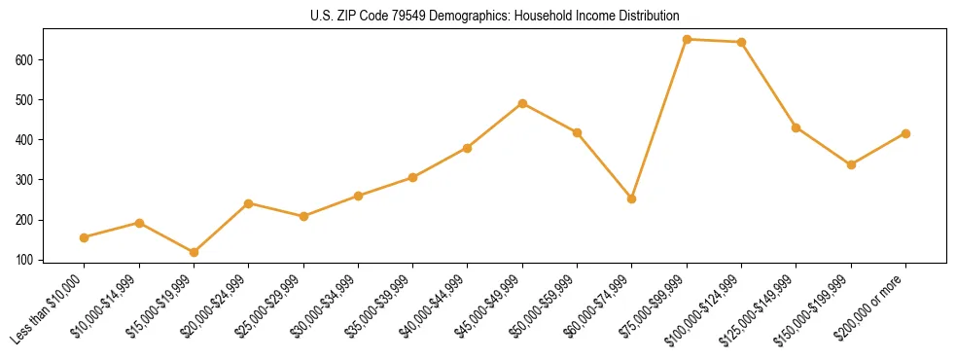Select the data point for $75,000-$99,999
point(687,40)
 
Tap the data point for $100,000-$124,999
point(741,43)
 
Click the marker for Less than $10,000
point(85,237)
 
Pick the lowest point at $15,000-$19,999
point(194,252)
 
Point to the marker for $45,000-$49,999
point(522,103)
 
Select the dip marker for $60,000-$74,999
point(632,198)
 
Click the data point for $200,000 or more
point(905,133)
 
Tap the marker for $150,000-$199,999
point(851,164)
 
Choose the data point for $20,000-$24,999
point(249,203)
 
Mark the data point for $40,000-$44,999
point(468,148)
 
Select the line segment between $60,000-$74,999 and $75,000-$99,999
point(659,120)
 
